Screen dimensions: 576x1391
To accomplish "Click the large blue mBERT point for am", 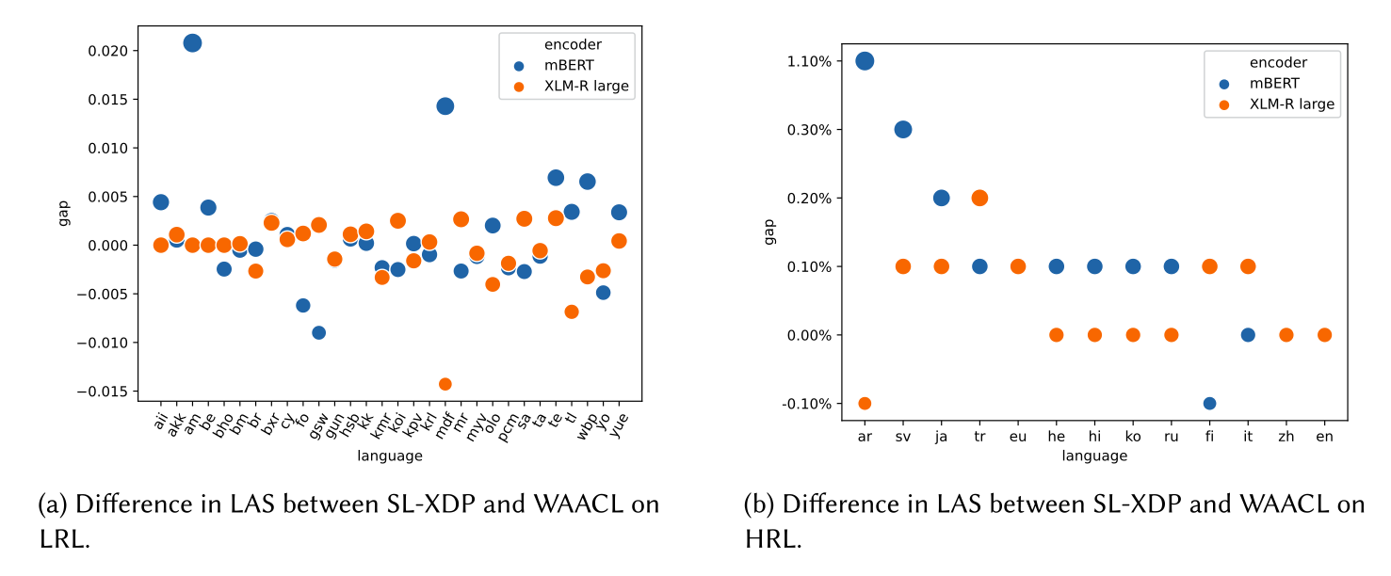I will [192, 42].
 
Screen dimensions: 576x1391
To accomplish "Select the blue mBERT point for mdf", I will [445, 105].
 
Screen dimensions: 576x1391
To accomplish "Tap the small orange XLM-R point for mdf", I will [445, 384].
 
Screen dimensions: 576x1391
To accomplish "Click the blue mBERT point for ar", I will [865, 60].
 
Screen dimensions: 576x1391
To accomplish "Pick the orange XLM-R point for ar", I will [865, 404].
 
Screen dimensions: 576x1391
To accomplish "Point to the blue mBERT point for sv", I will [903, 129].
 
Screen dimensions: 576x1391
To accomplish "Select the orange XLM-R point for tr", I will [979, 198].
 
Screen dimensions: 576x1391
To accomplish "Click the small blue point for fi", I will [1209, 404].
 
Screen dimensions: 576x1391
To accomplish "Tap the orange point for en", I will [1324, 335].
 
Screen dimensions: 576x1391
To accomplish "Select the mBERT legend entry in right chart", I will [1274, 83].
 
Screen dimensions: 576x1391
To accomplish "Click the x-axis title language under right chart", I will [1094, 456].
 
